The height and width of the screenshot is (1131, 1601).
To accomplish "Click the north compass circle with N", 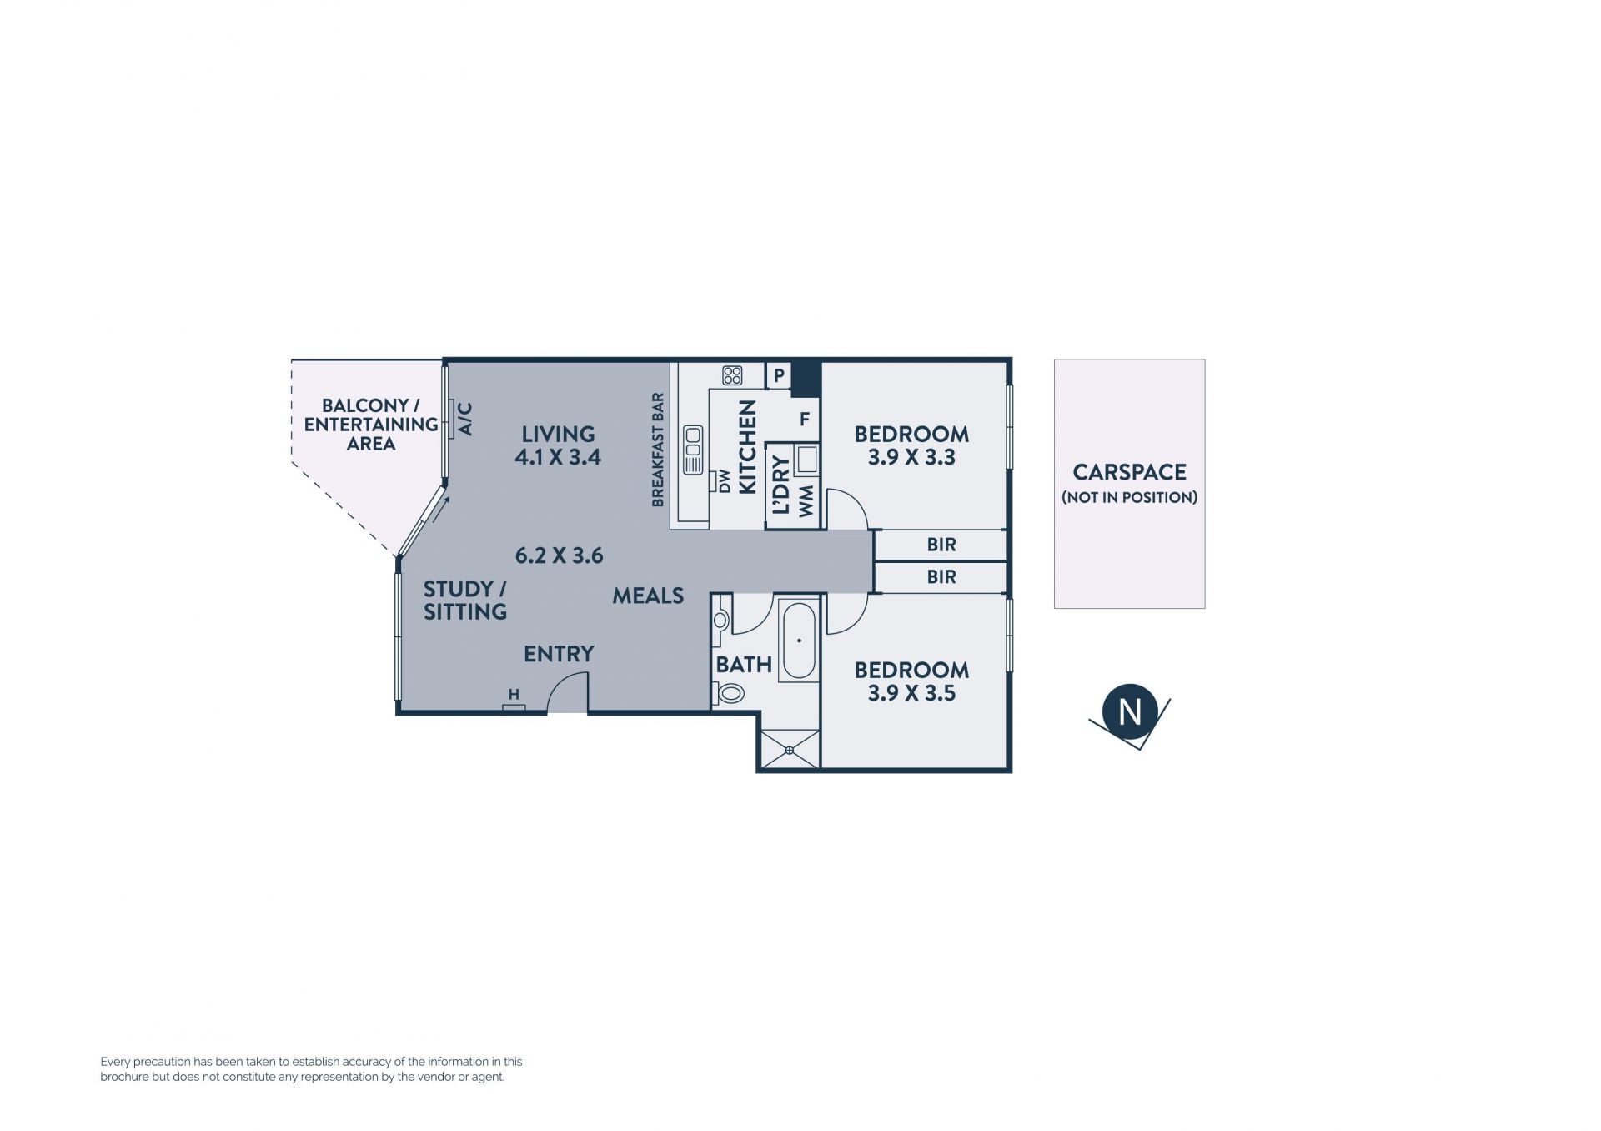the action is click(x=1130, y=712).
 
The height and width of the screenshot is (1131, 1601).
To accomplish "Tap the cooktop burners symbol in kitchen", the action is click(x=732, y=375).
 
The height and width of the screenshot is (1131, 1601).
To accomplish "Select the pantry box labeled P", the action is click(x=779, y=375).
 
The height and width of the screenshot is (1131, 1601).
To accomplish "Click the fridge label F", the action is click(x=805, y=419).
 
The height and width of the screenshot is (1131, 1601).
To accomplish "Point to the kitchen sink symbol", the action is click(x=693, y=450).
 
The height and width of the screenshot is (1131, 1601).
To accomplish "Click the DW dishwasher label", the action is click(x=724, y=481).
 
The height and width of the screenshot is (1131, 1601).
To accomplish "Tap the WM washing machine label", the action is click(x=806, y=501).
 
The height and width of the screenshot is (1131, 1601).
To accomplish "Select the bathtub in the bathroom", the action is click(x=800, y=641).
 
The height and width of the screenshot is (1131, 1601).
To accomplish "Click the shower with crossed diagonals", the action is click(x=789, y=749).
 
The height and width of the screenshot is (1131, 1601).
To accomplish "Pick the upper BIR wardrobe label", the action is click(x=941, y=545).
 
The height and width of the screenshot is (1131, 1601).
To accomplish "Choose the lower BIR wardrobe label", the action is click(x=941, y=576).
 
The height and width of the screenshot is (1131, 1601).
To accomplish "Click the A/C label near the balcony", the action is click(x=465, y=419).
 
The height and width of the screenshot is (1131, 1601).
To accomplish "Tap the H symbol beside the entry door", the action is click(x=514, y=694).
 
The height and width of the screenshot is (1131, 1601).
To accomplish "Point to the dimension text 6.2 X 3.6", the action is click(x=559, y=555).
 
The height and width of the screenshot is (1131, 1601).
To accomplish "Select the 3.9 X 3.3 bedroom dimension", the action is click(x=911, y=457).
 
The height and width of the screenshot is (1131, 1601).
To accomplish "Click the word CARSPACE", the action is click(x=1129, y=472).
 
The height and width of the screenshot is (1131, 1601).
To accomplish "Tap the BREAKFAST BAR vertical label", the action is click(x=658, y=450).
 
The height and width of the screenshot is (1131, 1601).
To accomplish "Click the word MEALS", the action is click(x=648, y=596).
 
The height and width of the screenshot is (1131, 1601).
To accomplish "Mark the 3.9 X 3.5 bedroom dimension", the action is click(x=911, y=693).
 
